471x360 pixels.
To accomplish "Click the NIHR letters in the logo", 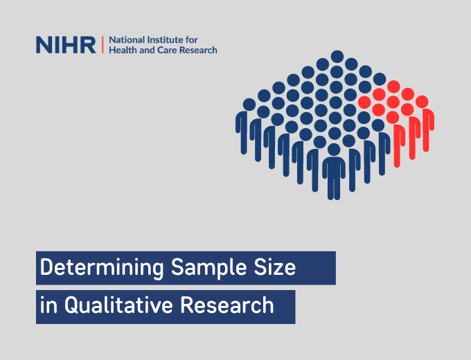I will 66,45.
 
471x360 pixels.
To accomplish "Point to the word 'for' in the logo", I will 192,40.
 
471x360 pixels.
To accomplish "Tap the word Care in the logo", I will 167,51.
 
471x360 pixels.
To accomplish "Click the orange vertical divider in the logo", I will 102,45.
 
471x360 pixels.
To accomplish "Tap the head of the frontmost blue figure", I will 335,149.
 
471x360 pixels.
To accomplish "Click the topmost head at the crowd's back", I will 337,56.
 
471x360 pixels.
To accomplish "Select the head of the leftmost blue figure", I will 249,105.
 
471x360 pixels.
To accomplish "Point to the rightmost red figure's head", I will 422,102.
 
